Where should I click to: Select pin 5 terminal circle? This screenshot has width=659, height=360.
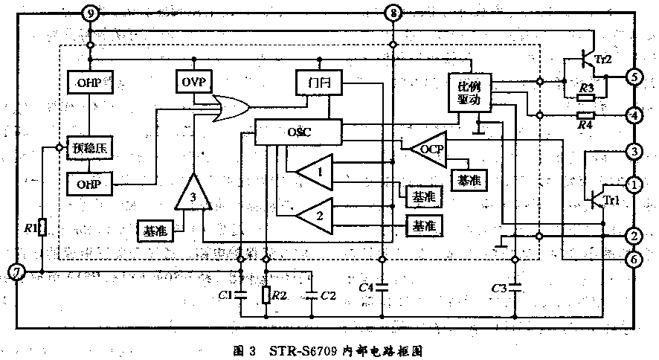pos(634,77)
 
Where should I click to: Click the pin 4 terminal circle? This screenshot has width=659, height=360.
pos(634,115)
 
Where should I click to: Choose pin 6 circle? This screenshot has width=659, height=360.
pos(634,259)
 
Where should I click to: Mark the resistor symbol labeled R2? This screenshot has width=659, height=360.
pos(266,296)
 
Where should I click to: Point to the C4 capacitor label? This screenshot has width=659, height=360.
pos(365,287)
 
